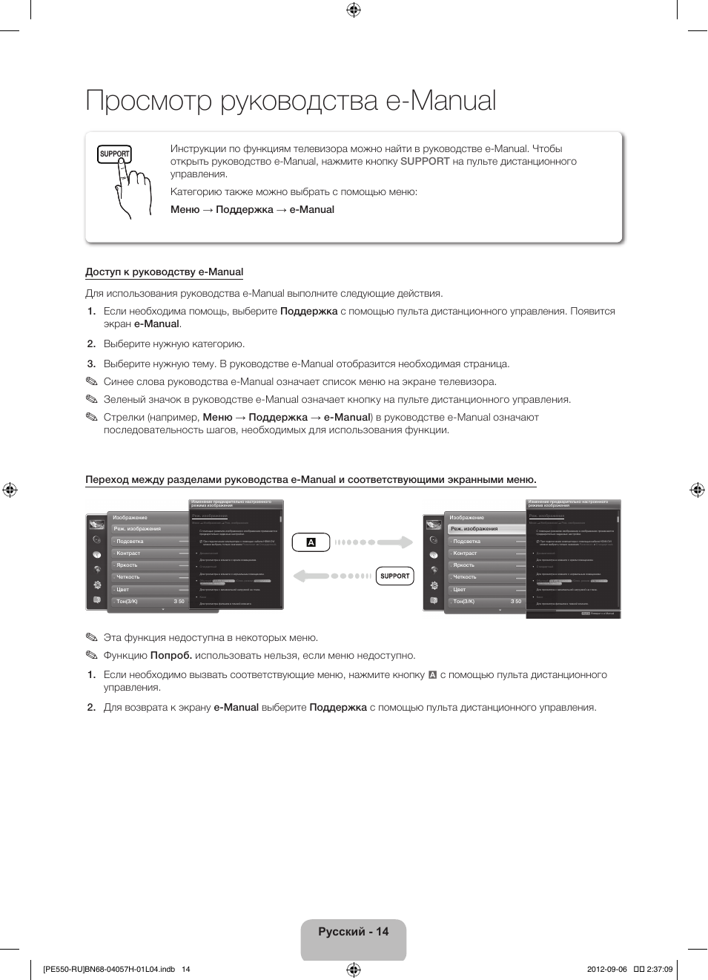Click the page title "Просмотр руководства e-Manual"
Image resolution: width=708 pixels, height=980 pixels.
pyautogui.click(x=291, y=101)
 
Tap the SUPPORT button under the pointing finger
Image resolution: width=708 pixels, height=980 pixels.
pyautogui.click(x=114, y=154)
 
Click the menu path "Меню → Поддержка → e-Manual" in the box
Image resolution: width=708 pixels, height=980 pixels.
pyautogui.click(x=252, y=210)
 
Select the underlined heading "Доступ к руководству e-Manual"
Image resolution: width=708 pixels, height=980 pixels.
pyautogui.click(x=164, y=272)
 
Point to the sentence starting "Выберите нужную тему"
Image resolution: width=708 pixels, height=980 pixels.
pyautogui.click(x=305, y=364)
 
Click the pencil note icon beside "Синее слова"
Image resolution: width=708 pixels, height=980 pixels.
pyautogui.click(x=91, y=381)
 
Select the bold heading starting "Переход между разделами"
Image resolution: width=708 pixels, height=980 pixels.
pyautogui.click(x=311, y=480)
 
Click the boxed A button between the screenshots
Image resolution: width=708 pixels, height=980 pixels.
pyautogui.click(x=311, y=542)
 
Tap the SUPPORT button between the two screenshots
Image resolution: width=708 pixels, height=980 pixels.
pyautogui.click(x=394, y=576)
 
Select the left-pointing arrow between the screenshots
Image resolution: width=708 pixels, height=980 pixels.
pyautogui.click(x=331, y=576)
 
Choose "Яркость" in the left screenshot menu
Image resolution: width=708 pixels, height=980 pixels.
pyautogui.click(x=127, y=565)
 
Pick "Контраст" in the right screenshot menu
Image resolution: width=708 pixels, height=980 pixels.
pyautogui.click(x=465, y=553)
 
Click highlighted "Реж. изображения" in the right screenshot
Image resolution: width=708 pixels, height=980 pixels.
pyautogui.click(x=474, y=529)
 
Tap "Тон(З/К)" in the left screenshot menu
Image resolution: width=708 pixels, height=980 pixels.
pyautogui.click(x=127, y=602)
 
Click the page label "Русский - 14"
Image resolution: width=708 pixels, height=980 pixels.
pyautogui.click(x=353, y=932)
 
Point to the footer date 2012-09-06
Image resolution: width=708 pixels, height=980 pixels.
pyautogui.click(x=606, y=969)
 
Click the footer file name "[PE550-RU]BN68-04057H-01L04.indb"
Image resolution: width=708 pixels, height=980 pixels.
pyautogui.click(x=109, y=969)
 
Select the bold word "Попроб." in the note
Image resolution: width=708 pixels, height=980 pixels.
pyautogui.click(x=171, y=656)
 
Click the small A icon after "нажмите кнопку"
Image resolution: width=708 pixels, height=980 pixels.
pyautogui.click(x=432, y=675)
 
